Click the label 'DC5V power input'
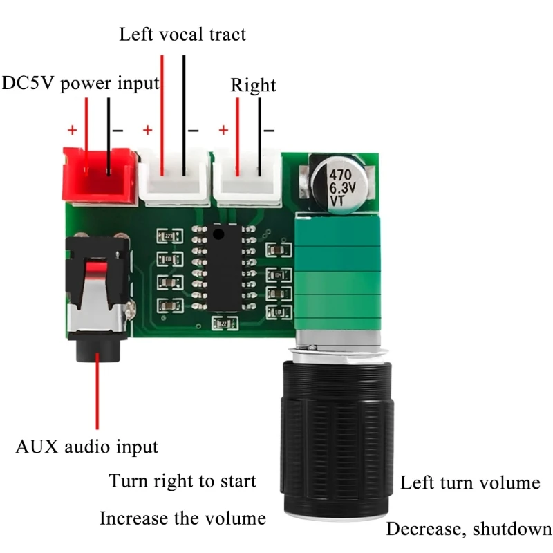81,84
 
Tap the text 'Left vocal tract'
182,34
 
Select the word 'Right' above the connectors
253,85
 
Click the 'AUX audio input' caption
86,447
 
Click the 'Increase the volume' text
182,518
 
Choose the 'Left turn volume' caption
470,482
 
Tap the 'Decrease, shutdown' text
469,529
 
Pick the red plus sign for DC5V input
71,129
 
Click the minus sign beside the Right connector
268,129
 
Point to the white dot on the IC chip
218,234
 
